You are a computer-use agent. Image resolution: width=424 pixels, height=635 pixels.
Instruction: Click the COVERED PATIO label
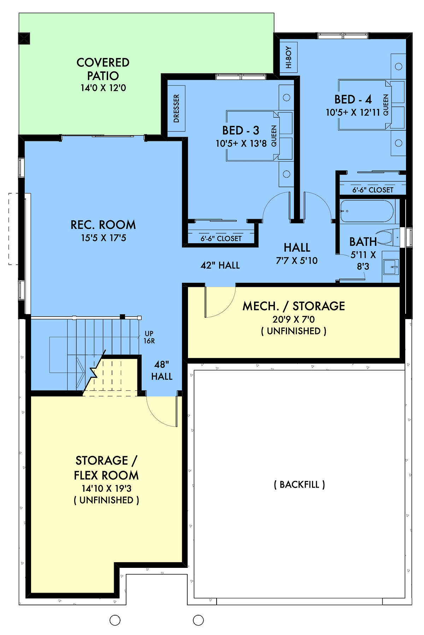pos(103,69)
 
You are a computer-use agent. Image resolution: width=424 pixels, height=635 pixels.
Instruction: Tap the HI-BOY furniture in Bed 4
pos(289,57)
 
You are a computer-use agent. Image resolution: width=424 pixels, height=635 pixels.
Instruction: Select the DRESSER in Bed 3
pos(176,108)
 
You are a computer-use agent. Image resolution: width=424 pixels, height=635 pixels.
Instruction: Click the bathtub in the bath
pos(367,211)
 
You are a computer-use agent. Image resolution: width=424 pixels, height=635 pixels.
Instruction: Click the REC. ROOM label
pos(103,225)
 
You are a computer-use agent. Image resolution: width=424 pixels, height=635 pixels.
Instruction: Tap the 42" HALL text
pos(220,265)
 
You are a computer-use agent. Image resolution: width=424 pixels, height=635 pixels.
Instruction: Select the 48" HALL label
pos(162,370)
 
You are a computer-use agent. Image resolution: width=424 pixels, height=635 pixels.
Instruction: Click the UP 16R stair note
pos(149,337)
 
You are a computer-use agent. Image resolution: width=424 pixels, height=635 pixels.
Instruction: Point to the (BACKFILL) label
pos(299,484)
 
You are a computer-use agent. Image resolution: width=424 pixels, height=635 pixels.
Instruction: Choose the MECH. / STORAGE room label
pos(294,306)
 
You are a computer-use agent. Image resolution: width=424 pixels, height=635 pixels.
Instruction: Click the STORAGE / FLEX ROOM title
pos(106,468)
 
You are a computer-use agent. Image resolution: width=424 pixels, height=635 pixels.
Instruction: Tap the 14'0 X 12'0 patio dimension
pos(103,88)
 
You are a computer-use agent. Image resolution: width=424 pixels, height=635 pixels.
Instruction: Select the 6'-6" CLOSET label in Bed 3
pos(221,239)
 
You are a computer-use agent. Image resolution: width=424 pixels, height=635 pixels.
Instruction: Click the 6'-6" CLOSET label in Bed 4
pos(373,190)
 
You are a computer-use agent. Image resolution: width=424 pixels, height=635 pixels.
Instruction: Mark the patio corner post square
pos(24,39)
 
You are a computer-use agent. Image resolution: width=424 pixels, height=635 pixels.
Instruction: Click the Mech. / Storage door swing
pos(220,302)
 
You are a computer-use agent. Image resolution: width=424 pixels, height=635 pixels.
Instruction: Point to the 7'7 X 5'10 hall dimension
pos(297,260)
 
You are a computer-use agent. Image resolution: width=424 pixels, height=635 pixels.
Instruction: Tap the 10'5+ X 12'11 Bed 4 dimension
pos(353,112)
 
